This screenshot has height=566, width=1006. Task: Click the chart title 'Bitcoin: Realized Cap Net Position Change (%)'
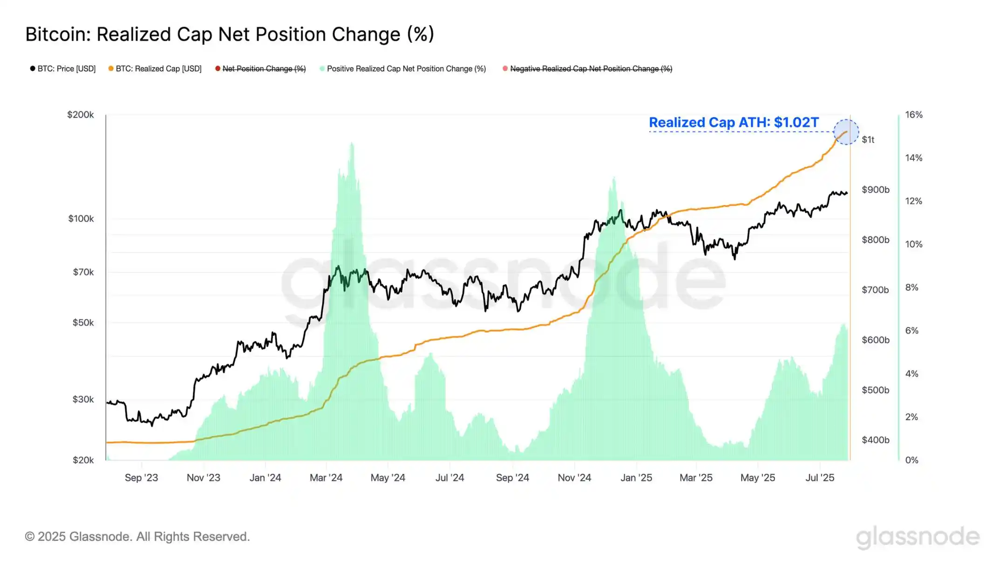point(230,34)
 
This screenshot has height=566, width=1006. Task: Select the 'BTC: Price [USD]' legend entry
point(63,69)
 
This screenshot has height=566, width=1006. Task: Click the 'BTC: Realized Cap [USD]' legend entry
point(155,69)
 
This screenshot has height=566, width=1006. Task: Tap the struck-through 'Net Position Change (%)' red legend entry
point(261,69)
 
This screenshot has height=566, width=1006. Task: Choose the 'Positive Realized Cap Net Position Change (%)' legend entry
point(403,69)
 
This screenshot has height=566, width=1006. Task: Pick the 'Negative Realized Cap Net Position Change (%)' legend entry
point(588,69)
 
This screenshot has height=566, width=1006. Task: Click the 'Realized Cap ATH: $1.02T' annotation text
point(734,123)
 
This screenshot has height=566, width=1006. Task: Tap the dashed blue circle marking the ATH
point(846,132)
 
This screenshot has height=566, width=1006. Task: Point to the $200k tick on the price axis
point(81,115)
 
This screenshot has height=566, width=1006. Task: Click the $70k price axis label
point(83,272)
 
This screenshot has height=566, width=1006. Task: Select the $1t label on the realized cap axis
point(868,140)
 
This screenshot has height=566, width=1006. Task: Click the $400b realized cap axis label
point(875,440)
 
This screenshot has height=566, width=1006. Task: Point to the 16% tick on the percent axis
point(914,115)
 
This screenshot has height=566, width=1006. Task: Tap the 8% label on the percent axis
point(912,287)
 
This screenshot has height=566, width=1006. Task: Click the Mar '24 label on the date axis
point(326,478)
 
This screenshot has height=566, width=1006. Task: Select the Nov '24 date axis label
point(574,478)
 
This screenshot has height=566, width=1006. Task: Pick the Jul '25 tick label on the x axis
point(820,478)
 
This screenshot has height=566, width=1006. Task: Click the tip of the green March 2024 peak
point(352,143)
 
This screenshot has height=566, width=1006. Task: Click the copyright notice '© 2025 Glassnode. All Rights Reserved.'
point(137,537)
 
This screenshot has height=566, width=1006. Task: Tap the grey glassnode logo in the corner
point(918,537)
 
